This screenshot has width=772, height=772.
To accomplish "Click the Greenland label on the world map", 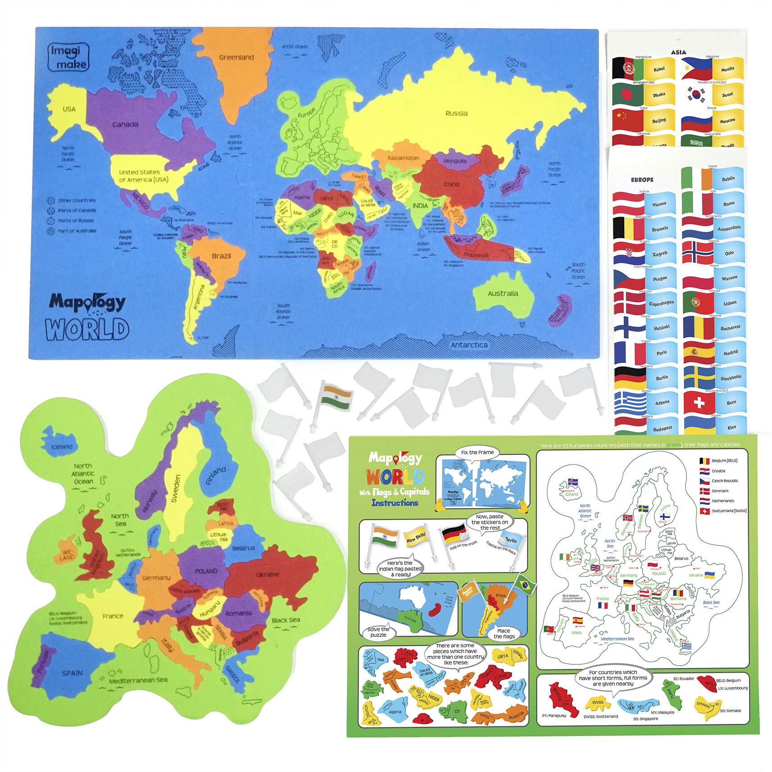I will coord(236,57).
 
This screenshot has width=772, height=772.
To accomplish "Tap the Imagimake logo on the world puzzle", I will coord(68,57).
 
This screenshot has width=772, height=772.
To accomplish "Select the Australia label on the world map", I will coord(503,294).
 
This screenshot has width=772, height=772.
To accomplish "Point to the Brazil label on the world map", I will coord(221,256).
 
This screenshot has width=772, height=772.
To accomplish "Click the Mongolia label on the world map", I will coord(455,161).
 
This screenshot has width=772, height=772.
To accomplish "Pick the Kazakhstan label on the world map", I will coord(403,158).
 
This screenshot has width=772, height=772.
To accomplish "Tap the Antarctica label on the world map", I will coord(469,345).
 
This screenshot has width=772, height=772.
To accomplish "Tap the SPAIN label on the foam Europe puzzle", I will coord(72,673).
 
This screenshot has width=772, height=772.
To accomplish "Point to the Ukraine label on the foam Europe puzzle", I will coord(268,575).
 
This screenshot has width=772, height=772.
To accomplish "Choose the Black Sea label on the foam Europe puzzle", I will coord(286,620).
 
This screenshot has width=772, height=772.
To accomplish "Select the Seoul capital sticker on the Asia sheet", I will coord(727,95).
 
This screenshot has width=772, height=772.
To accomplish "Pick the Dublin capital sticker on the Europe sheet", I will coord(728,179).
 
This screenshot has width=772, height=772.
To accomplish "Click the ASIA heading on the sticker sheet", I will coord(678,52).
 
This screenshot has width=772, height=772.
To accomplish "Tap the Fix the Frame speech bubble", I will coord(477,452).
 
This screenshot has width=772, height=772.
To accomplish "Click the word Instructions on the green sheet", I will coord(395,503).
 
